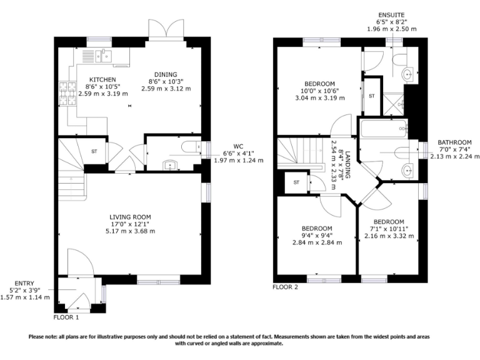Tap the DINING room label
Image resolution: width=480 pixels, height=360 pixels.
tap(166, 74)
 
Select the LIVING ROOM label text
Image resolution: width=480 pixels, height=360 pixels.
tap(130, 217)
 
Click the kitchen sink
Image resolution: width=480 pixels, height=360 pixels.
tap(104, 56)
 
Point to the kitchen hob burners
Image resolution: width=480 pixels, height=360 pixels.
tap(67, 93)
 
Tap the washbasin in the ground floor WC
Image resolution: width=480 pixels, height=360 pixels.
tap(170, 166)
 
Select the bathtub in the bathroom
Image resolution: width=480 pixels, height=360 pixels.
tap(384, 129)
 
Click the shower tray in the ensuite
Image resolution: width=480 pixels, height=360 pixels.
tap(394, 104)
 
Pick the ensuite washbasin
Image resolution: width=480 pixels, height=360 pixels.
tap(408, 74)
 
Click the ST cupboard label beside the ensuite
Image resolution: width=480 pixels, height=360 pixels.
tap(372, 96)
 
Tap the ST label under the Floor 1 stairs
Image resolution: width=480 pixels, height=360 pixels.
tap(94, 151)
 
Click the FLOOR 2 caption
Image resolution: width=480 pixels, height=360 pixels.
tap(285, 287)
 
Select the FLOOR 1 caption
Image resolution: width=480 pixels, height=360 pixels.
tap(66, 317)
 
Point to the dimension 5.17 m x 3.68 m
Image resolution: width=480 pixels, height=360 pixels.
tap(131, 231)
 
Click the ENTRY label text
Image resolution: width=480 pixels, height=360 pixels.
tap(24, 284)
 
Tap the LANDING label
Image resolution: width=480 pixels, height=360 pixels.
tap(347, 165)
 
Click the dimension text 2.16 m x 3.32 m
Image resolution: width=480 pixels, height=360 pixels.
tap(389, 236)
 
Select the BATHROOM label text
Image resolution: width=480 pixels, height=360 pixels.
tap(454, 142)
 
